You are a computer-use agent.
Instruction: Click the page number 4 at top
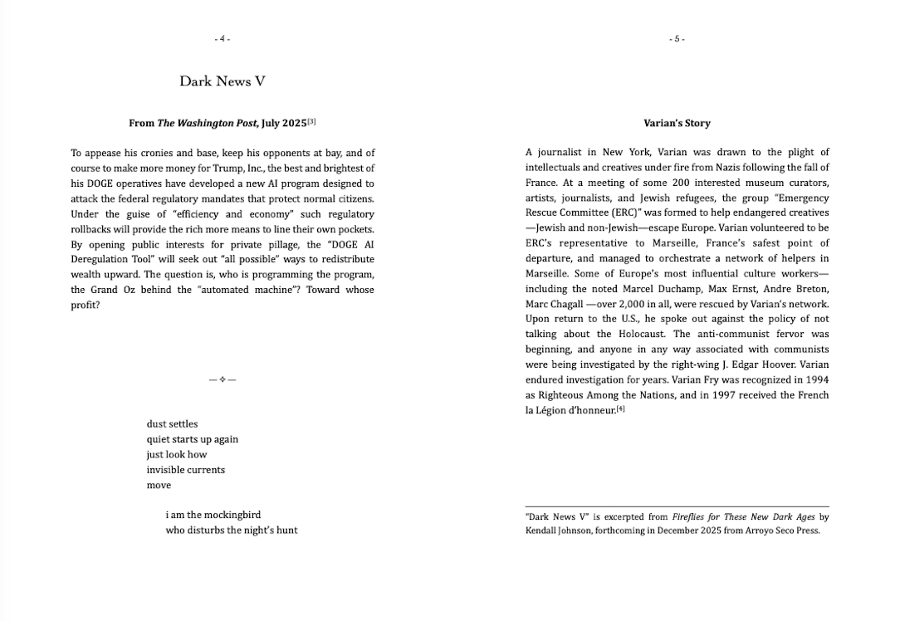[x=222, y=39]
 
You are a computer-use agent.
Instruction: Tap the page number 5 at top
[x=677, y=39]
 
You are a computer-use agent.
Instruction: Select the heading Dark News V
[x=222, y=81]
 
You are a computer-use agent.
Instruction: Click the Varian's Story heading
[x=677, y=123]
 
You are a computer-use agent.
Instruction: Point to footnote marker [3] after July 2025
[x=311, y=122]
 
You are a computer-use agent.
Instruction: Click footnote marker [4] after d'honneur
[x=620, y=408]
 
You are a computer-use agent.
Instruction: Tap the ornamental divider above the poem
[x=223, y=380]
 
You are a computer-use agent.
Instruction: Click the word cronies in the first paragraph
[x=155, y=153]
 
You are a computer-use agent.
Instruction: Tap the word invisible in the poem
[x=164, y=470]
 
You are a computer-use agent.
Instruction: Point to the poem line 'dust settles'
[x=172, y=424]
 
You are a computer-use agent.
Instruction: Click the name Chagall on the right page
[x=571, y=304]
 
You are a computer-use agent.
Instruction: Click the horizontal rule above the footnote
[x=677, y=506]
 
